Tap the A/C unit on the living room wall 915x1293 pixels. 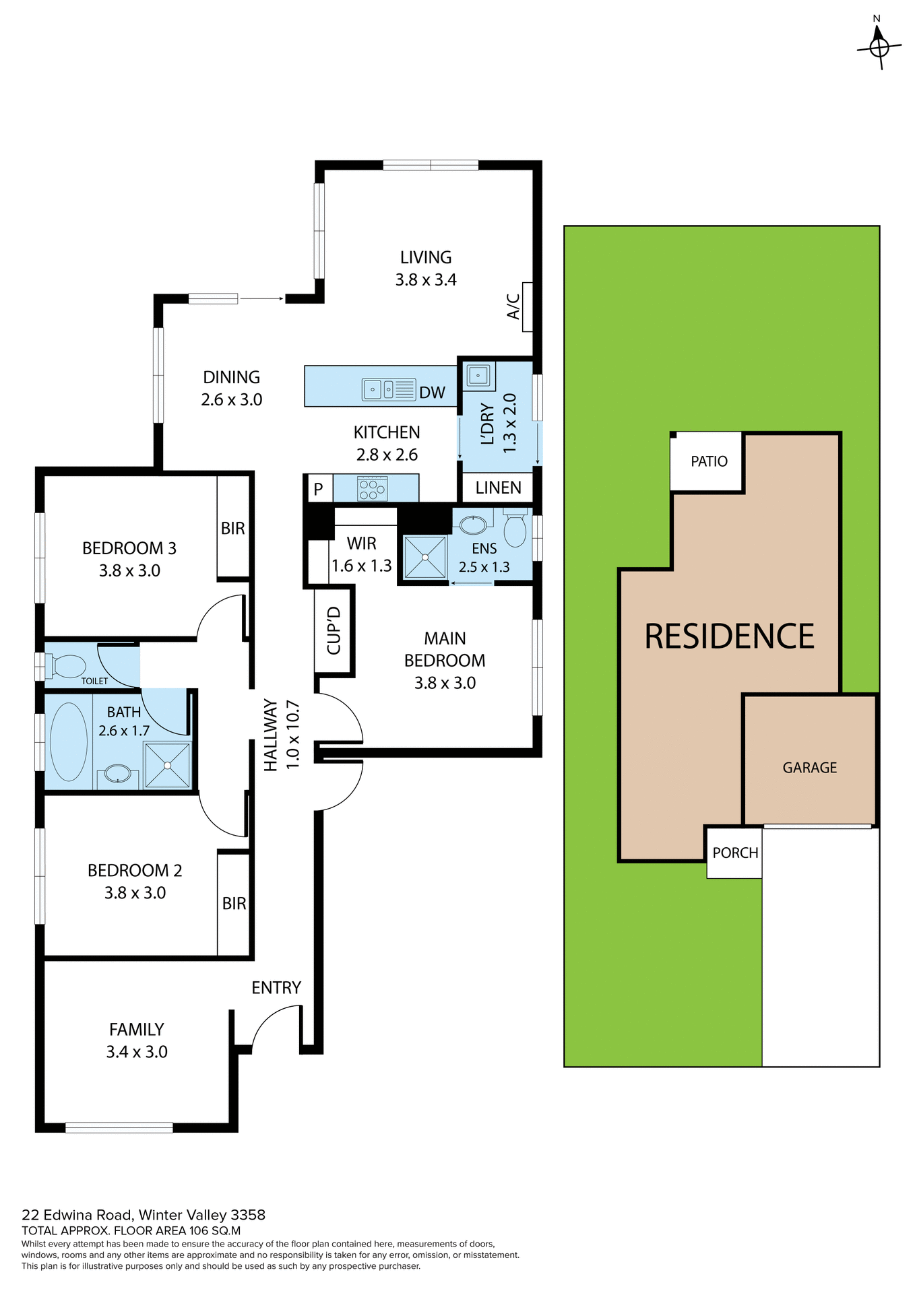coord(527,307)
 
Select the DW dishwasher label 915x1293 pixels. coord(432,393)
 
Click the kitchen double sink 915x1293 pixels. coord(379,389)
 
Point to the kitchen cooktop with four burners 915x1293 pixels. coord(373,488)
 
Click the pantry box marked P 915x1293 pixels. coord(319,489)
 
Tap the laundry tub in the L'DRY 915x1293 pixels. coord(478,374)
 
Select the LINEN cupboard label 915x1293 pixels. coord(498,488)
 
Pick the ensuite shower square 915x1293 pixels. coord(425,557)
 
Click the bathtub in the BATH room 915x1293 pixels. coord(69,741)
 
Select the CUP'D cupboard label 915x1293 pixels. coord(334,630)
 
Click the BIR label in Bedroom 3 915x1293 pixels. coord(233,529)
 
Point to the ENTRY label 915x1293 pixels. coord(276,987)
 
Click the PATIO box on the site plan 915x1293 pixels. coord(709,461)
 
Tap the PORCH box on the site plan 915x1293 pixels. coord(735,853)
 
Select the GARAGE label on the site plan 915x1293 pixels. coord(809,768)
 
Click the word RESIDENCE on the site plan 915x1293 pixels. coord(729,636)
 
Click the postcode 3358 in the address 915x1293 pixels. coord(248,1215)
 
